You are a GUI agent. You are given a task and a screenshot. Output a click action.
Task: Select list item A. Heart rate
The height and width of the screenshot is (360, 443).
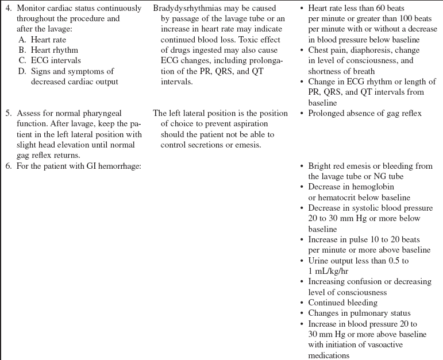coord(49,40)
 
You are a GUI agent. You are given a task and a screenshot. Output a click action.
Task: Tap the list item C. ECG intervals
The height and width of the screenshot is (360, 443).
coord(52,60)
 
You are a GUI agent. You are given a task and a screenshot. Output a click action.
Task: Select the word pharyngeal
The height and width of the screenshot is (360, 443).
coord(102,114)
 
